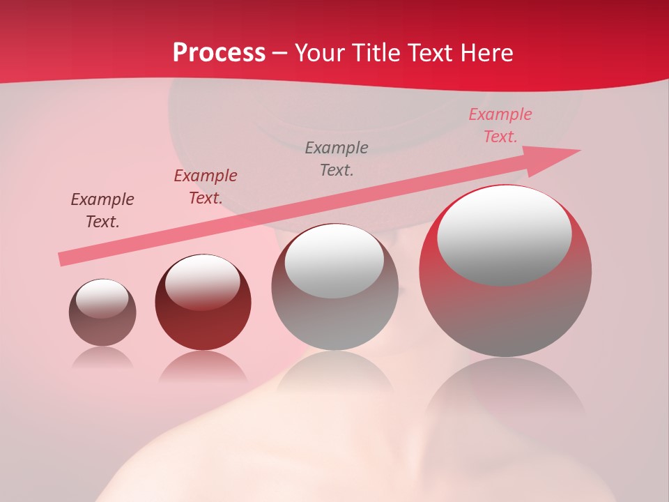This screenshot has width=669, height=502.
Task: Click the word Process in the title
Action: (219, 53)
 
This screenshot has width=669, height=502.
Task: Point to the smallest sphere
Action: (102, 312)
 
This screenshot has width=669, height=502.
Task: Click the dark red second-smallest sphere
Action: (203, 303)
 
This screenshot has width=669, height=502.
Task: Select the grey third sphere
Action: (335, 287)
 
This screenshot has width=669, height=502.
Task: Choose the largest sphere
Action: (505, 271)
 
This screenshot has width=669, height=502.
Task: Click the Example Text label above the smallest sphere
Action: (102, 211)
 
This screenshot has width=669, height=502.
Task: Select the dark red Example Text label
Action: (206, 187)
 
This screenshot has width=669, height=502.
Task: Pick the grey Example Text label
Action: (337, 158)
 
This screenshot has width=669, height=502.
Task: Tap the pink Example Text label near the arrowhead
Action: (500, 125)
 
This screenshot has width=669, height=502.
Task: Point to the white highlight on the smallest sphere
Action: (102, 298)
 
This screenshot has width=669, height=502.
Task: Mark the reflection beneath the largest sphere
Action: (505, 390)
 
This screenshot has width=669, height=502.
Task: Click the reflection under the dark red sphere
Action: (203, 367)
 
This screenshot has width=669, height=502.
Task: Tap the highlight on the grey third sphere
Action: (334, 261)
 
